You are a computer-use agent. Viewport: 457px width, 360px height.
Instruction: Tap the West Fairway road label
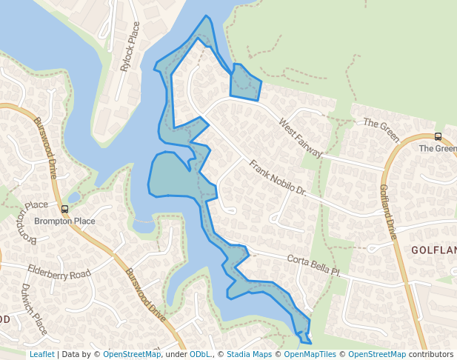click(301, 137)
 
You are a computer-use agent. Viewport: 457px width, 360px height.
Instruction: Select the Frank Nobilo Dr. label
click(278, 179)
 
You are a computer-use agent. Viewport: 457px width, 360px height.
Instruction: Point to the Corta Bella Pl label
click(314, 265)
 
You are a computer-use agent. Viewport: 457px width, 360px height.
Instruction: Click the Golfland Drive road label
click(389, 212)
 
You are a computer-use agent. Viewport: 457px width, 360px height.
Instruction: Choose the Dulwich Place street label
click(34, 308)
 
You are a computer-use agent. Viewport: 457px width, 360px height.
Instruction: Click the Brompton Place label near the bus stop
click(64, 221)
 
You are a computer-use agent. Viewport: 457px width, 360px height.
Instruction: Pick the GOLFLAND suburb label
click(434, 250)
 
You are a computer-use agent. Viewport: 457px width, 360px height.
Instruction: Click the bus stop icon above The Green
click(438, 136)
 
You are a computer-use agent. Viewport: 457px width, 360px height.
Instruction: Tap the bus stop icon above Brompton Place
click(64, 209)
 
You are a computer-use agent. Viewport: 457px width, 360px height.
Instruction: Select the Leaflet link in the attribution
click(41, 354)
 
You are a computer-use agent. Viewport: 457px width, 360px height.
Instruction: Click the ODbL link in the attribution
click(200, 354)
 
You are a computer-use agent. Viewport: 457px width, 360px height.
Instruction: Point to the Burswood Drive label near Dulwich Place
click(144, 294)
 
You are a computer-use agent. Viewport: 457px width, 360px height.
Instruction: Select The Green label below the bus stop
click(437, 148)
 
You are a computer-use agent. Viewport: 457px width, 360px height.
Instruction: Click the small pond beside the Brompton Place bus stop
click(73, 198)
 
